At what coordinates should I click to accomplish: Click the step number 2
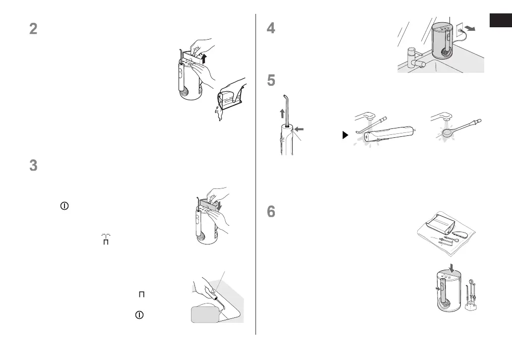pyautogui.click(x=33, y=29)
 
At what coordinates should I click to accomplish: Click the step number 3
pyautogui.click(x=33, y=166)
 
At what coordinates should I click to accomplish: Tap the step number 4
pyautogui.click(x=271, y=29)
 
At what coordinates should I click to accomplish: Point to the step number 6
pyautogui.click(x=271, y=212)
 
